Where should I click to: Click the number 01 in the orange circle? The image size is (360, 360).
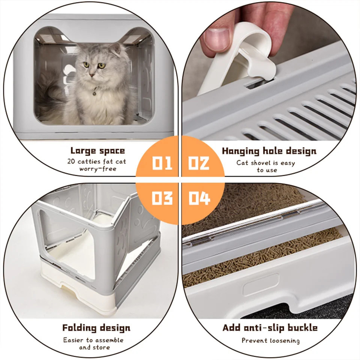(x=162, y=163)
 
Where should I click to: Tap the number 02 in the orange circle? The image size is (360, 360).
(x=199, y=163)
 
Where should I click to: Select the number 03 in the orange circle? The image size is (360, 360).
(x=162, y=198)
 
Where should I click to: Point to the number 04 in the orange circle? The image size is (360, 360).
(x=199, y=198)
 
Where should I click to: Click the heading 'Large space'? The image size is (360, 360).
(x=97, y=151)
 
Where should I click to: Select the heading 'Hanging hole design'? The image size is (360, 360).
(x=269, y=151)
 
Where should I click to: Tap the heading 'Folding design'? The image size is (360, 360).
(x=96, y=328)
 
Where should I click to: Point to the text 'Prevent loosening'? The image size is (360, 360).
(x=270, y=340)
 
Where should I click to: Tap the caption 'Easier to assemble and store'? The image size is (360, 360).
(x=93, y=343)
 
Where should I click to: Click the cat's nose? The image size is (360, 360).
(x=94, y=74)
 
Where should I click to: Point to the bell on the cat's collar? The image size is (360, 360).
(x=96, y=90)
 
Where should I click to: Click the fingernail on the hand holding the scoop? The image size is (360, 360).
(x=216, y=37)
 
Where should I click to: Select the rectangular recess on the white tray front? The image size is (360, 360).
(x=261, y=285)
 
